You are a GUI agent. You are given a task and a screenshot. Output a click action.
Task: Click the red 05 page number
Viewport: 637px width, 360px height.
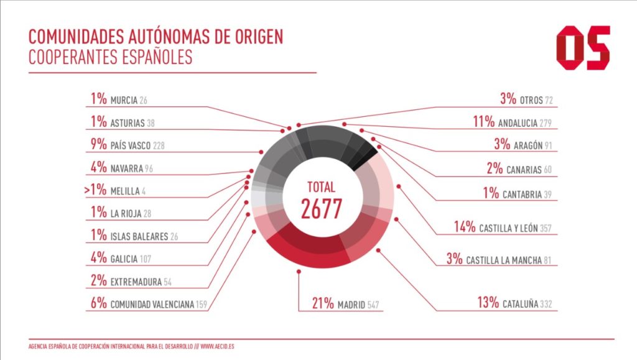583,48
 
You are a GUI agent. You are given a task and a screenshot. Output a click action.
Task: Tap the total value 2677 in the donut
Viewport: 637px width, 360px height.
322,209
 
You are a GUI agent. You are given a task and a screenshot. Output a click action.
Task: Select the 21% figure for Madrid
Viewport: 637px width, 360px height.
323,304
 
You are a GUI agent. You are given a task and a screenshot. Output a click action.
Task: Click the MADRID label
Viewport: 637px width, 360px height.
351,305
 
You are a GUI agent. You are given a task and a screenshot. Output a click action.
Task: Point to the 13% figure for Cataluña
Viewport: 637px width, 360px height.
488,303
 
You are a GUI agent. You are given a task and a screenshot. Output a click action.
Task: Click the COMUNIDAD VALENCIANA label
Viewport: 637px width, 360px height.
152,305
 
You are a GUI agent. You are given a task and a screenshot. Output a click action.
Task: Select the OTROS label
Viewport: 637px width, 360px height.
531,100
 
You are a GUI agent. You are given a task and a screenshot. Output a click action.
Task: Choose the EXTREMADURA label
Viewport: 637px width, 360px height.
136,282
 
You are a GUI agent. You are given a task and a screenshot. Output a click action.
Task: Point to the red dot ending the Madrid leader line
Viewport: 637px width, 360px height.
299,272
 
